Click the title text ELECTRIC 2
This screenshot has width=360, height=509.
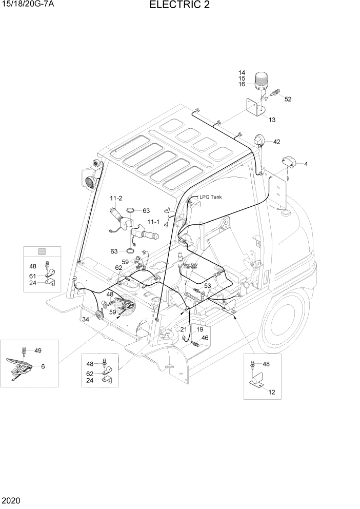179,6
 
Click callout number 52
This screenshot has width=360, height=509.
288,99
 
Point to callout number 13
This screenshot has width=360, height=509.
272,120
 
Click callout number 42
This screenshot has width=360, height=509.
276,142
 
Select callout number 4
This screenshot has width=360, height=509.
306,164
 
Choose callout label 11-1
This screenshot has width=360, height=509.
153,222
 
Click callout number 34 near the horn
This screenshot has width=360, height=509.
85,320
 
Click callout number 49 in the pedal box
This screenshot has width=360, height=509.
37,351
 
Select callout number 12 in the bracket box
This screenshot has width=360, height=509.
271,392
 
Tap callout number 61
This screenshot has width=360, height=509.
33,276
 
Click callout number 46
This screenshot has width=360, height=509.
205,338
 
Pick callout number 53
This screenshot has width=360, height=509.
208,286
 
